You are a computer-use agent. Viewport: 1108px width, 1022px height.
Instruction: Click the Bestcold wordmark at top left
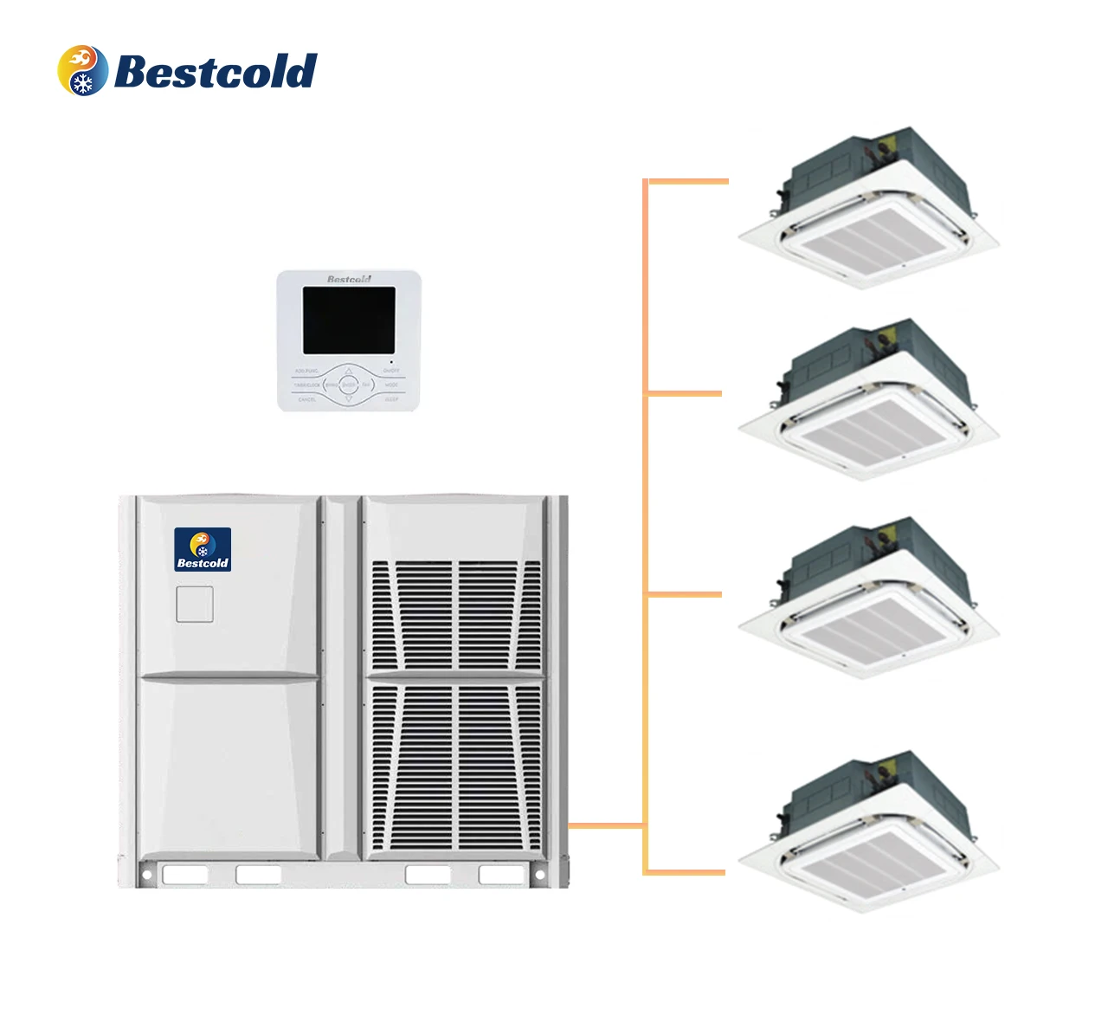point(216,71)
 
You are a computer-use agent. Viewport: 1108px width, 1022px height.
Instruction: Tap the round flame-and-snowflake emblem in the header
point(83,70)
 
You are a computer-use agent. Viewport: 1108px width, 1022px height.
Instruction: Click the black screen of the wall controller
point(348,320)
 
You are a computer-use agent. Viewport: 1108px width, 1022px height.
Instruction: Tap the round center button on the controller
point(349,384)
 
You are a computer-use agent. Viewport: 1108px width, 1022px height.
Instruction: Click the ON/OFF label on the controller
point(391,371)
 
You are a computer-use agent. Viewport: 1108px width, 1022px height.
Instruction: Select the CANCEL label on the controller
point(307,399)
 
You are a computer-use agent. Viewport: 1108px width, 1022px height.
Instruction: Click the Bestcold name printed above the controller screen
point(349,279)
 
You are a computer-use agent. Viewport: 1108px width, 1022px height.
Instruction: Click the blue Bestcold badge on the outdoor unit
point(203,549)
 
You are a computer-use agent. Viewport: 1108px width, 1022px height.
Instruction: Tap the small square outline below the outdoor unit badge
point(195,605)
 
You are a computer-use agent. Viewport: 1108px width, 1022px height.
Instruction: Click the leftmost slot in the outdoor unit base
point(185,875)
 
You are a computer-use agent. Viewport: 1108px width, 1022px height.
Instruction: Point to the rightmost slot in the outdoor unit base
point(502,875)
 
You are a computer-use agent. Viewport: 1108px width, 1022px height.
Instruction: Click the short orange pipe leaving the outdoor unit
point(606,825)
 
